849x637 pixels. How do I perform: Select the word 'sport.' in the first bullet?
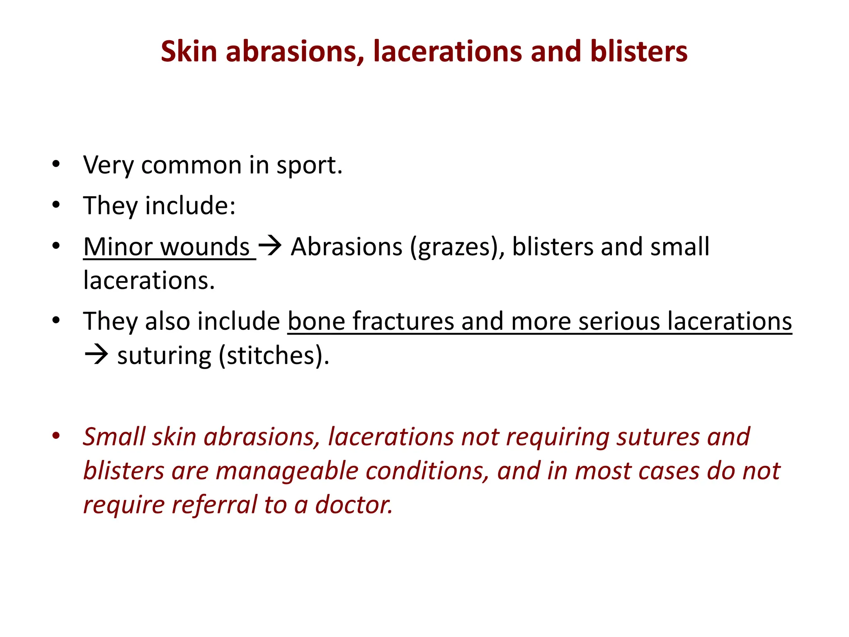309,165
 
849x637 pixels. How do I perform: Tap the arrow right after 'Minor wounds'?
270,246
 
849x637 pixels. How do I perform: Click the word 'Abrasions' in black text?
347,247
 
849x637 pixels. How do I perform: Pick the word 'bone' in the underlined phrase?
316,322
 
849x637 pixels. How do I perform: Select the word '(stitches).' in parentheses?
274,356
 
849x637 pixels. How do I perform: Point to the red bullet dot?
56,435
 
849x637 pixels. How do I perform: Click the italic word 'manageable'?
287,471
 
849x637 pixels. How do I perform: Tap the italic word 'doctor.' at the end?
354,505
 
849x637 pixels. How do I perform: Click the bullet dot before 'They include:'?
56,205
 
